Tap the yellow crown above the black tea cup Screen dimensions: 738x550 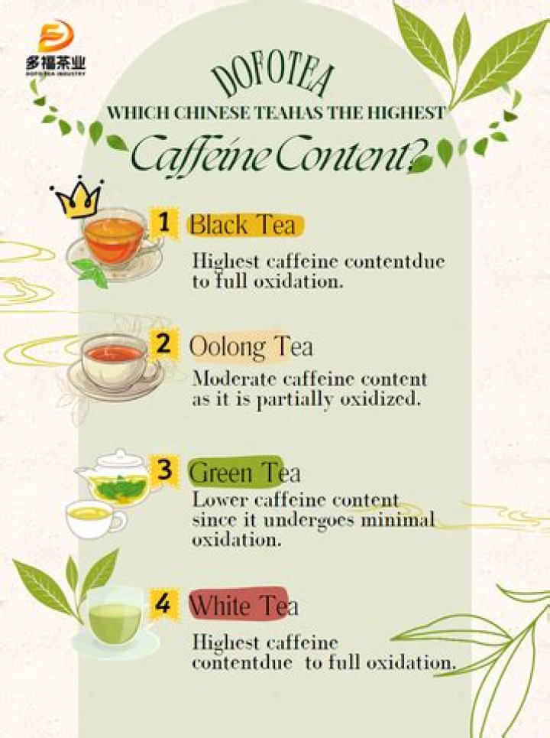[x=77, y=199]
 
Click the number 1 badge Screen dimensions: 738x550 [x=163, y=223]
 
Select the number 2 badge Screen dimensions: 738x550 [x=163, y=344]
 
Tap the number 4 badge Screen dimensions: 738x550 [x=163, y=603]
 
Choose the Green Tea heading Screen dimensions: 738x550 [x=244, y=473]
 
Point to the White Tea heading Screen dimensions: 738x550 [x=243, y=606]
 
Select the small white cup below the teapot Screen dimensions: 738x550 [x=94, y=519]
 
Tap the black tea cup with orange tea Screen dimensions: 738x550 [x=113, y=239]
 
